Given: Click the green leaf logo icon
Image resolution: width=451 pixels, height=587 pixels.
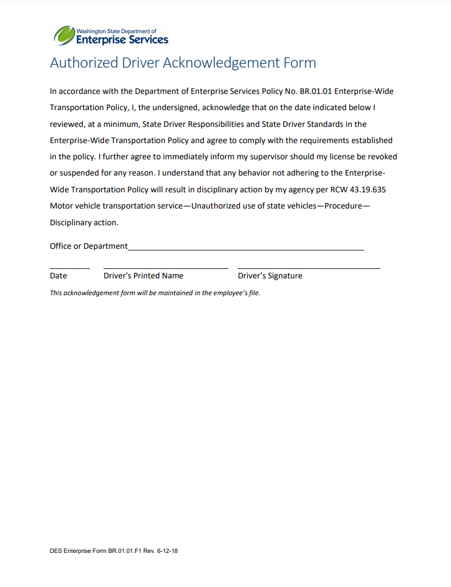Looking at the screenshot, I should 64,36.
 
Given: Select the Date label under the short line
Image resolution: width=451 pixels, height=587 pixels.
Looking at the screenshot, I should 58,276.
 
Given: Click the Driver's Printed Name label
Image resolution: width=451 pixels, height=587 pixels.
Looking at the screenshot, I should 143,276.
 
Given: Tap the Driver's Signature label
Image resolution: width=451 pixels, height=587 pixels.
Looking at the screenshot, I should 270,276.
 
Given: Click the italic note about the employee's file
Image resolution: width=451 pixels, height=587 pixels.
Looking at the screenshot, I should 155,292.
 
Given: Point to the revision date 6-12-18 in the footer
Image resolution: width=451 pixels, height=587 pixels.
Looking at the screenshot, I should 167,551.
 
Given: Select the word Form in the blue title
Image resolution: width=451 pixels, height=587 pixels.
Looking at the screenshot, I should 300,63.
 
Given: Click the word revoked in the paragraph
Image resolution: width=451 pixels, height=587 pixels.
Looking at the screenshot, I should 381,157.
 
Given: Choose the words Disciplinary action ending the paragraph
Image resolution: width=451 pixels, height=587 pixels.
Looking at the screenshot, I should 84,223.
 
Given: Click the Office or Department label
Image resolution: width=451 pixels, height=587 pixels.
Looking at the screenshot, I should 88,246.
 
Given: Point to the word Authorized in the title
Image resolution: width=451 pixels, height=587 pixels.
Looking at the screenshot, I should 84,63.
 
